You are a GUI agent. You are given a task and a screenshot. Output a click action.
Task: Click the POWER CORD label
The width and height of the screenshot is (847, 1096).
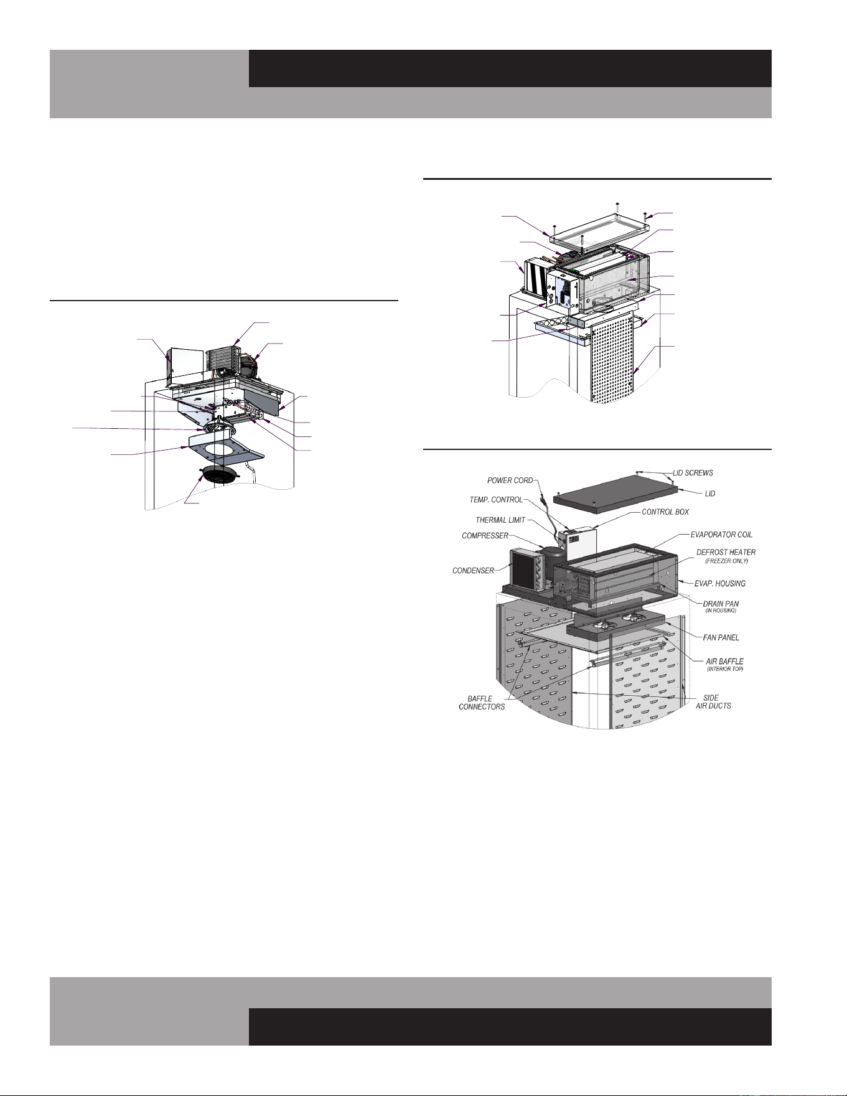(510, 480)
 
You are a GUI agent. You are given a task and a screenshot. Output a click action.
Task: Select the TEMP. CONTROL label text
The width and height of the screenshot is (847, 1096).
(496, 500)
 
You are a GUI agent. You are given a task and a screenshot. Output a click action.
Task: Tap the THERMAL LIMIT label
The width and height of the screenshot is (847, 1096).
(500, 520)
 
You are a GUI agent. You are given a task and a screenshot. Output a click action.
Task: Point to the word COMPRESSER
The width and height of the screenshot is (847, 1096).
(485, 536)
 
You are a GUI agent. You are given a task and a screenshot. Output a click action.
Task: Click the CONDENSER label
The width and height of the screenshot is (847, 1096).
(473, 570)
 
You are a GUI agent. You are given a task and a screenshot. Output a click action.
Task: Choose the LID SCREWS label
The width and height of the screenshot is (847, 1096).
(693, 474)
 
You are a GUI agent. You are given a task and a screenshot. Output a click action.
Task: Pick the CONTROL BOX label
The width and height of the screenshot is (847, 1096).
(665, 512)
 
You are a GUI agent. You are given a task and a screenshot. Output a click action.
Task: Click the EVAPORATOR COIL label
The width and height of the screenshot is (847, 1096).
(721, 535)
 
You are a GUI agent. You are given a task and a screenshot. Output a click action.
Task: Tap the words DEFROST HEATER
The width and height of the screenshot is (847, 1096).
(726, 552)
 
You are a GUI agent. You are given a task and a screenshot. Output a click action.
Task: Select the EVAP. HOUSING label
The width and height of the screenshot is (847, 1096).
(720, 584)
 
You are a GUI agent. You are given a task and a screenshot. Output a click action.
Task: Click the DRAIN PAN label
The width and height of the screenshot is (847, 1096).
(721, 604)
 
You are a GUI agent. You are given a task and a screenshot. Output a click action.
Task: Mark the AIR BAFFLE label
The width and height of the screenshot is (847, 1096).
(724, 662)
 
